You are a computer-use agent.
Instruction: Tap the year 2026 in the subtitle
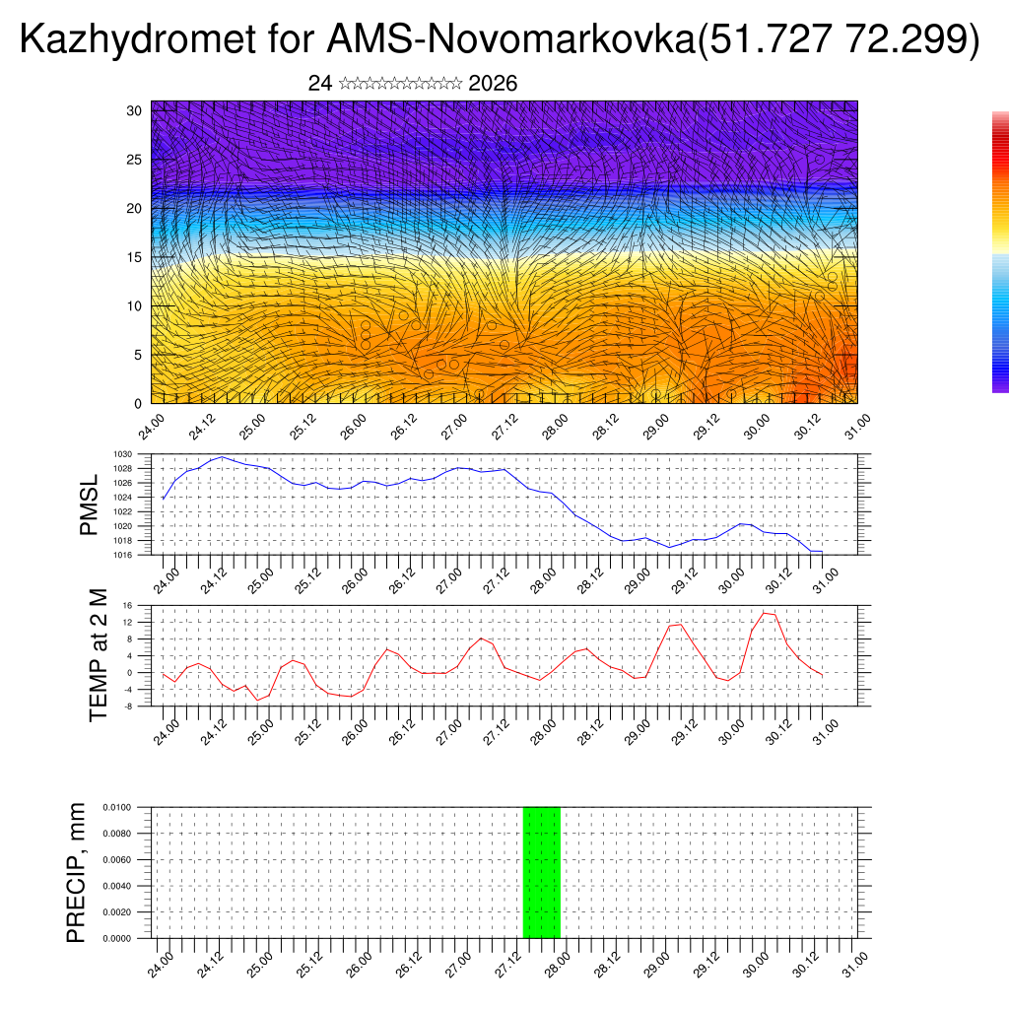pos(493,84)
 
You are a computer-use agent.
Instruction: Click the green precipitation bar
pos(541,872)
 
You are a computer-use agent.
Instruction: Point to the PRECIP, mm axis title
pos(77,871)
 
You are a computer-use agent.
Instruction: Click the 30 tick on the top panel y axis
pos(134,110)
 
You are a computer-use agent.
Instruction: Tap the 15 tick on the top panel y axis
pos(134,257)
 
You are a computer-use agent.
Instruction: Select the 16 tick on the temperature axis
pos(127,605)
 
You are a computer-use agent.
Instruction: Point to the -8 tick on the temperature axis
pos(127,706)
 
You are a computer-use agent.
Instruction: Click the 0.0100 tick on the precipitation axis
pos(117,807)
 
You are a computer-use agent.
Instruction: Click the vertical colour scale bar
pos(1000,251)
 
